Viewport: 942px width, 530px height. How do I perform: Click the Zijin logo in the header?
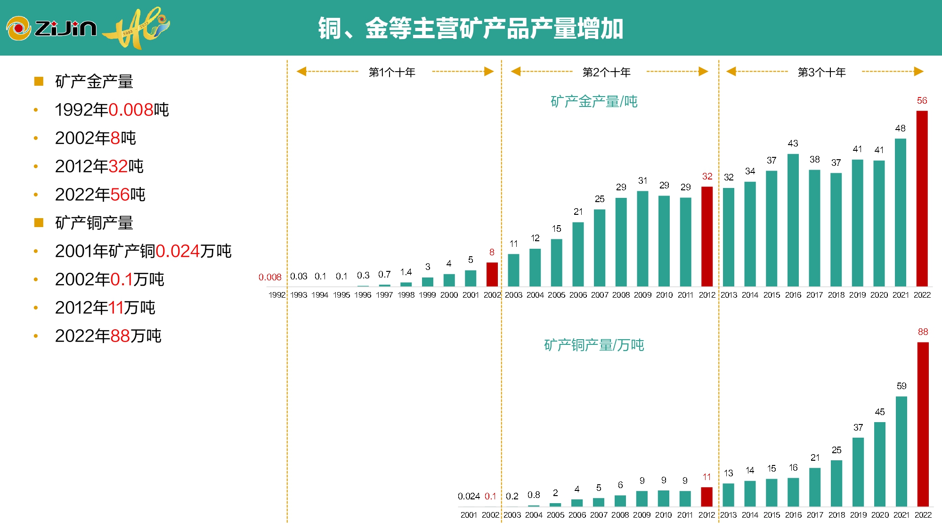[x=52, y=28]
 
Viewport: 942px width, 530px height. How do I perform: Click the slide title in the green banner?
[x=471, y=28]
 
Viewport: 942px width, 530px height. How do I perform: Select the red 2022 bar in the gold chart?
[x=922, y=198]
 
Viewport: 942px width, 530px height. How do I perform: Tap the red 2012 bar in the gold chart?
[x=707, y=236]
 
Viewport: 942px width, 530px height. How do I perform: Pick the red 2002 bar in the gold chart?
[x=492, y=274]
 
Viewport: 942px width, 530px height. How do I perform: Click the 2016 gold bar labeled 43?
[x=793, y=220]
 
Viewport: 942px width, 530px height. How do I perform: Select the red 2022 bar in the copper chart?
[x=923, y=424]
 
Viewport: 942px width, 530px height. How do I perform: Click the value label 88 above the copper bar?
[x=923, y=332]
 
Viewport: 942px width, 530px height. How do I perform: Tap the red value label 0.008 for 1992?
[x=270, y=277]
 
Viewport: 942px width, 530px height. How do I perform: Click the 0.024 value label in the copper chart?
[x=469, y=496]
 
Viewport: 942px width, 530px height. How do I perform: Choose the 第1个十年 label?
[x=392, y=72]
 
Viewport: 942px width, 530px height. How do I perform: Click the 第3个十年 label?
[x=822, y=72]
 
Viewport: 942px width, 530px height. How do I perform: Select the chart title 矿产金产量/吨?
[x=594, y=101]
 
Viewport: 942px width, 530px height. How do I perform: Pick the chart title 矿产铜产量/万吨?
[x=594, y=345]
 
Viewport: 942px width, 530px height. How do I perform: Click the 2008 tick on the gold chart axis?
[x=621, y=295]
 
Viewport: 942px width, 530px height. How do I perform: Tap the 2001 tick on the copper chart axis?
[x=469, y=515]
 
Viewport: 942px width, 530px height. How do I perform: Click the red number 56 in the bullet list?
[x=120, y=195]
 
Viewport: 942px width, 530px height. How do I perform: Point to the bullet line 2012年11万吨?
[x=105, y=308]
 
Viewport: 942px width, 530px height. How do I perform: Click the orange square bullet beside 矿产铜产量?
[x=39, y=222]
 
